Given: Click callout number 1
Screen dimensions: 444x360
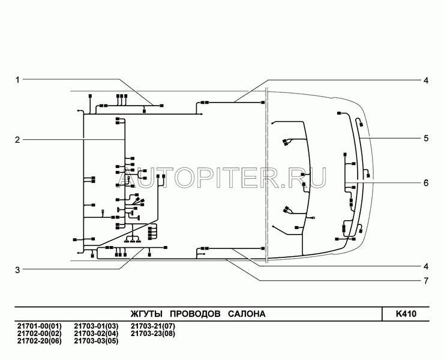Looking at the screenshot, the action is tap(17, 80).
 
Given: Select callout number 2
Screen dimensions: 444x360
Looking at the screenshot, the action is tap(17, 140).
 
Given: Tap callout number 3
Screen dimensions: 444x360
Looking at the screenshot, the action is tap(17, 270).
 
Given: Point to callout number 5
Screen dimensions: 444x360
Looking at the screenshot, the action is tap(426, 139).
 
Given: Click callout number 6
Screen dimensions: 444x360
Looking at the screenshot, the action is tap(426, 183).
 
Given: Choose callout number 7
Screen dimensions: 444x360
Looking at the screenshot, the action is tap(426, 281).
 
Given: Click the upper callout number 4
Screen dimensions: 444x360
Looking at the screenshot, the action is tap(426, 80).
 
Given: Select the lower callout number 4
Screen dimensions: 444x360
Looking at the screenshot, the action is tap(426, 266).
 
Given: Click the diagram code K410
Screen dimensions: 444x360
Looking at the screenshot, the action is tap(406, 314).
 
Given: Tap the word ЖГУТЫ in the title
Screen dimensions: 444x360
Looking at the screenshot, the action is tap(146, 314).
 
